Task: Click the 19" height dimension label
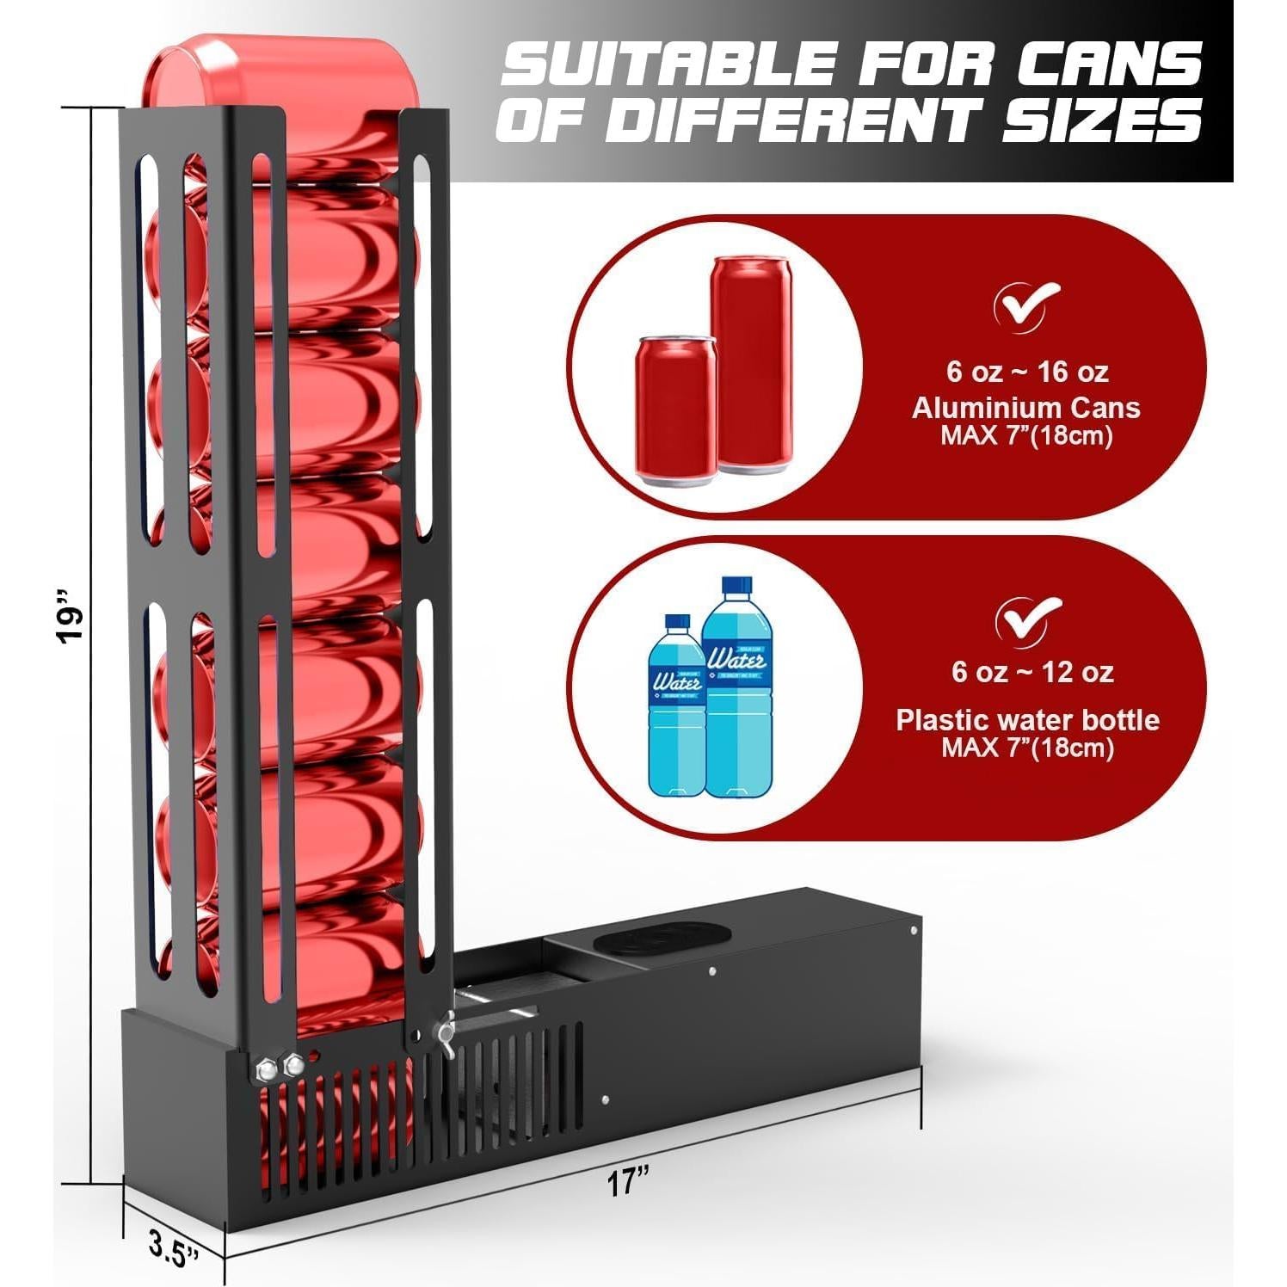click(x=71, y=614)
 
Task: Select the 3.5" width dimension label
click(x=172, y=1247)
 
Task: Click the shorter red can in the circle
click(x=675, y=409)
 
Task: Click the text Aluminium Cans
click(x=1025, y=408)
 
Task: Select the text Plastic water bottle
click(x=1027, y=719)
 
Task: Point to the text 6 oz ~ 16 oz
click(x=1026, y=372)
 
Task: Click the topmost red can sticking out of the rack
click(x=284, y=72)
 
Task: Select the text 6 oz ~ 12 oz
click(x=1031, y=671)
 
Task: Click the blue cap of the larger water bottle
click(x=736, y=586)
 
